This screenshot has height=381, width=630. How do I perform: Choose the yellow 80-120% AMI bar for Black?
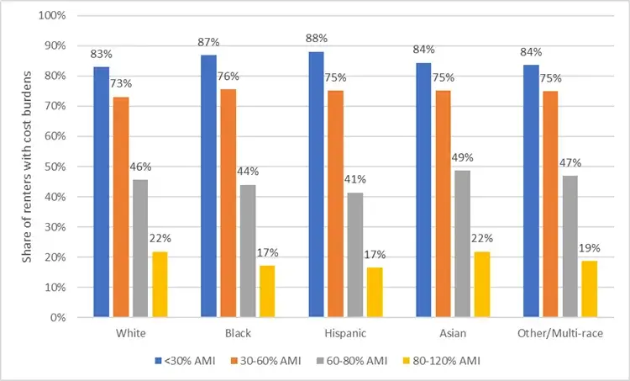click(268, 292)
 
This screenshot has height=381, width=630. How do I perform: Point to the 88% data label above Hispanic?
click(317, 39)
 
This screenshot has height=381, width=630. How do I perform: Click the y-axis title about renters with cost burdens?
click(27, 167)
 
